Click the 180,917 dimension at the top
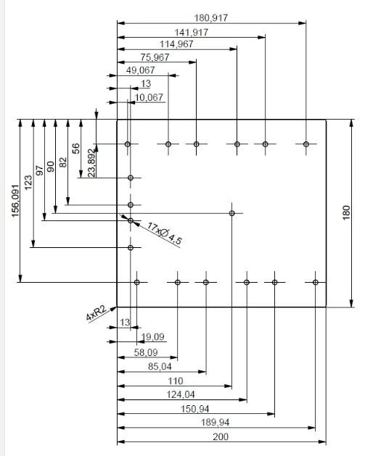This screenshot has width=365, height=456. click(211, 18)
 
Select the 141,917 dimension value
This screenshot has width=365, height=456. click(192, 33)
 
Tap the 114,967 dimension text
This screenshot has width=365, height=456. click(176, 44)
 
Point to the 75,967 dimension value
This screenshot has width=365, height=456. click(155, 57)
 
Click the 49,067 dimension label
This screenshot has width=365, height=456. click(141, 70)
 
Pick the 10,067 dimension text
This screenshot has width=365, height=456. click(149, 97)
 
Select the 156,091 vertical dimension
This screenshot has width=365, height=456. click(15, 201)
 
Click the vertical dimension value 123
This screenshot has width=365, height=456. click(28, 183)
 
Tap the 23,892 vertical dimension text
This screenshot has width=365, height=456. click(91, 163)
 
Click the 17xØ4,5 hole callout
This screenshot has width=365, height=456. click(165, 233)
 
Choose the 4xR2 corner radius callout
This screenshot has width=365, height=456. click(97, 313)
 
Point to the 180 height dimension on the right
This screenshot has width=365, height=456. click(346, 212)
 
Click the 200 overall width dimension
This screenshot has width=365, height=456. click(221, 436)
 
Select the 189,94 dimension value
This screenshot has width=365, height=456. click(215, 422)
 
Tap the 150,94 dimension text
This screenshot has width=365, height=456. click(195, 409)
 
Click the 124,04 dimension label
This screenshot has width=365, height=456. click(181, 394)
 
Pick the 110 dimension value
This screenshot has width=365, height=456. click(176, 381)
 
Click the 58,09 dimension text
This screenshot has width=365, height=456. click(146, 352)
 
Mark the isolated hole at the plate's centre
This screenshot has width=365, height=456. click(231, 213)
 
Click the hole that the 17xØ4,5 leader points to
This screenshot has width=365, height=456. click(131, 220)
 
